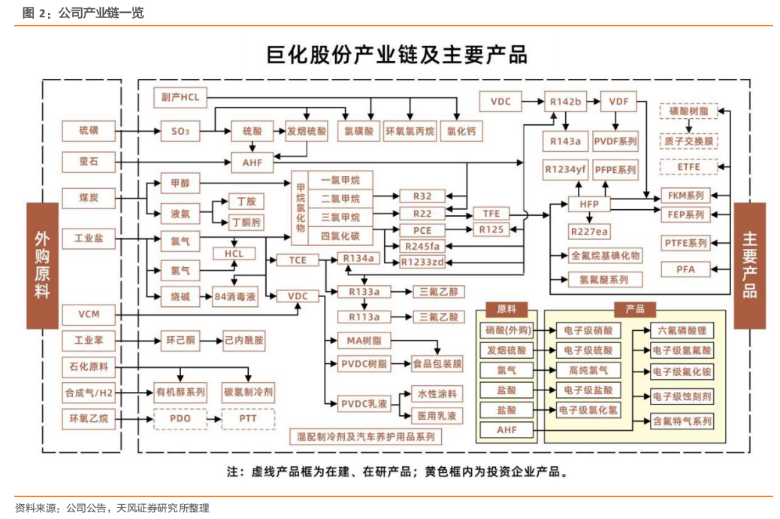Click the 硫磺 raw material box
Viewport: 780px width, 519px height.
tap(89, 131)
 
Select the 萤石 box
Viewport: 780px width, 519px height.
tap(89, 161)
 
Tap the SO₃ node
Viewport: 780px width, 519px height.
tap(180, 132)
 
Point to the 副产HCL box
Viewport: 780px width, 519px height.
tap(180, 98)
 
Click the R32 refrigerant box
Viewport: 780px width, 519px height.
tap(422, 196)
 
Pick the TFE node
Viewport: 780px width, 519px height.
tap(491, 214)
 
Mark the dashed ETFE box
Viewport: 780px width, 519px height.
tap(688, 167)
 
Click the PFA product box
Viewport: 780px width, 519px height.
tap(686, 269)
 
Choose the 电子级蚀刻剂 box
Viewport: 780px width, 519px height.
tap(682, 396)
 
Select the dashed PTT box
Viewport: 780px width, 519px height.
tap(248, 418)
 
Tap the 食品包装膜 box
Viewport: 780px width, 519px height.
tap(437, 364)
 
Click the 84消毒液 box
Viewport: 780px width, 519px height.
tap(235, 296)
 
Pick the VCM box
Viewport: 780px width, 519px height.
tap(89, 314)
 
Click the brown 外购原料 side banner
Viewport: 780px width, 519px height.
tap(42, 265)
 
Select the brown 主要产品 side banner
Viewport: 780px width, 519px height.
tap(749, 265)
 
